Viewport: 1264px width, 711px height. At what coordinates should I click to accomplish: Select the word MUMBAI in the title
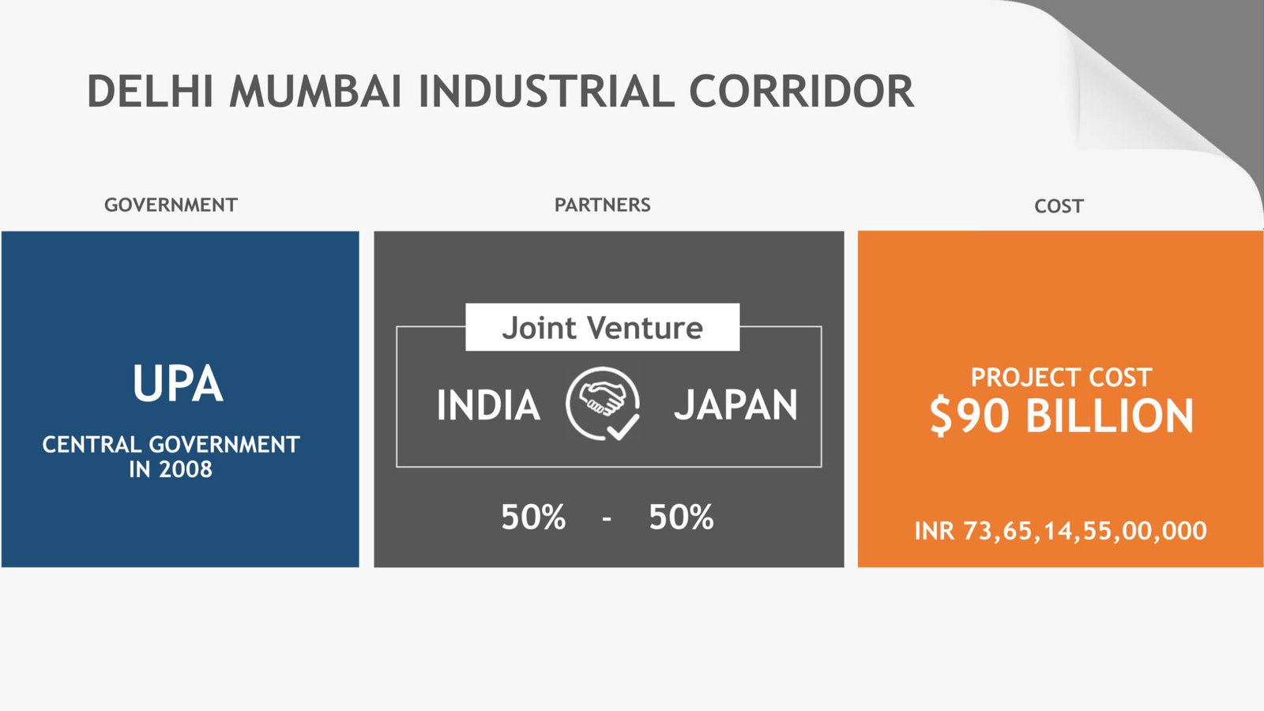tap(315, 92)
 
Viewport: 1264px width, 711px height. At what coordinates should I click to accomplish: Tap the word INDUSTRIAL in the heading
tap(546, 92)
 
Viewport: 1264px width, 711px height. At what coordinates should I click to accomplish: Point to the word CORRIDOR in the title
tap(801, 92)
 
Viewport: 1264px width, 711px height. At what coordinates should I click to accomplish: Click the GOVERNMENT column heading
tap(171, 205)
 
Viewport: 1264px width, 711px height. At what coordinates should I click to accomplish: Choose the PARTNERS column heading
tap(603, 205)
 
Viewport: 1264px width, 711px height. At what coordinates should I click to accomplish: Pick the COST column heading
tap(1059, 206)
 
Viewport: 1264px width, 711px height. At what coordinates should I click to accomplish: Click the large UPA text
tap(178, 384)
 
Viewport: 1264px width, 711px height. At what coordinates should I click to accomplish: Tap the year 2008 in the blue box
tap(186, 469)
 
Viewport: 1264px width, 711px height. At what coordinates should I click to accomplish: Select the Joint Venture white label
tap(603, 327)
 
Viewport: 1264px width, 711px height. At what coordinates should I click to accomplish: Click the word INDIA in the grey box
tap(489, 404)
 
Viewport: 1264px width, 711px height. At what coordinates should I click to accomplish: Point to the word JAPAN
tap(735, 404)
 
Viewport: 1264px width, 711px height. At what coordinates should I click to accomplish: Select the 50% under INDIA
tap(533, 517)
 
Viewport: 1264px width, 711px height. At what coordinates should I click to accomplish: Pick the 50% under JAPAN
tap(681, 517)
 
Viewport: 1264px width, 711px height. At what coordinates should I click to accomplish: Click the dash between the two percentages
tap(608, 518)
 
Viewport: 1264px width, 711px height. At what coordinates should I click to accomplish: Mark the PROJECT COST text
tap(1061, 378)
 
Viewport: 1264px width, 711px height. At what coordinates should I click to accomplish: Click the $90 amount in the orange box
tap(969, 416)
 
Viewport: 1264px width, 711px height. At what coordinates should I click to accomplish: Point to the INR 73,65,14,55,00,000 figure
tap(1060, 531)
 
